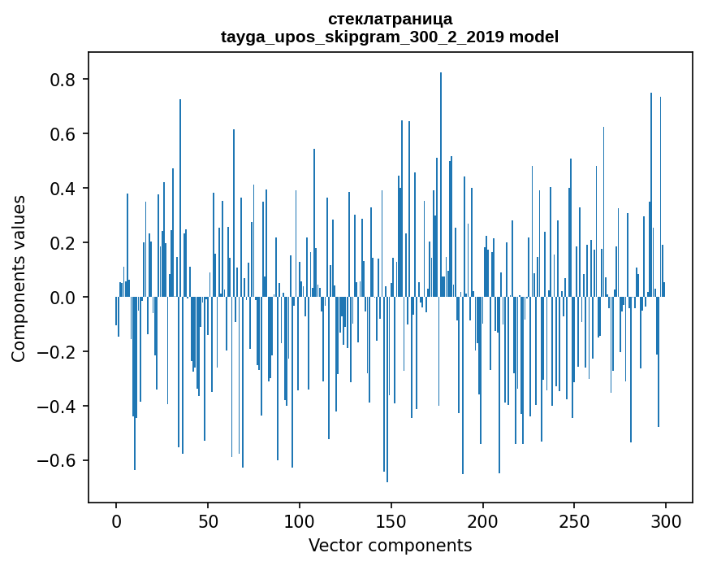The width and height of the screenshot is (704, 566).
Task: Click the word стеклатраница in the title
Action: click(x=390, y=19)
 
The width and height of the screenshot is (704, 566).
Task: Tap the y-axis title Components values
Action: click(x=19, y=278)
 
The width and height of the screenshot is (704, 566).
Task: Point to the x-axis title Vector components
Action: click(x=390, y=545)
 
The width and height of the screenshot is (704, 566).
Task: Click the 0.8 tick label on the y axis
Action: click(x=64, y=80)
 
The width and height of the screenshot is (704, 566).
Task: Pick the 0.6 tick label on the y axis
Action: click(x=64, y=134)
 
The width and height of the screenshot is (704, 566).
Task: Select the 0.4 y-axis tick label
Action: click(x=64, y=189)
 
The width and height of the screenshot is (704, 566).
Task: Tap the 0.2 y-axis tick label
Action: click(x=64, y=243)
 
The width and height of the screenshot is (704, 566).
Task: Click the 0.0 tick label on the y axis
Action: click(x=64, y=298)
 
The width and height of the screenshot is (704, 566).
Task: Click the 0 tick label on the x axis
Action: click(x=116, y=520)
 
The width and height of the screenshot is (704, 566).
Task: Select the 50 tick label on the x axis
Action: click(x=208, y=520)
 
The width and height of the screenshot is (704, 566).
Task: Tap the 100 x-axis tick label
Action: click(x=300, y=520)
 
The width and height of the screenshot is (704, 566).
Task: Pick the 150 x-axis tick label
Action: click(x=391, y=520)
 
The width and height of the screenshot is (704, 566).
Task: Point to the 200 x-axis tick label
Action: click(x=483, y=520)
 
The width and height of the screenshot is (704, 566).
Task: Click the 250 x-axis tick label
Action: click(x=575, y=520)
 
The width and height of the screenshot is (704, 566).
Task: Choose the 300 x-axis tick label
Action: click(x=666, y=520)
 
